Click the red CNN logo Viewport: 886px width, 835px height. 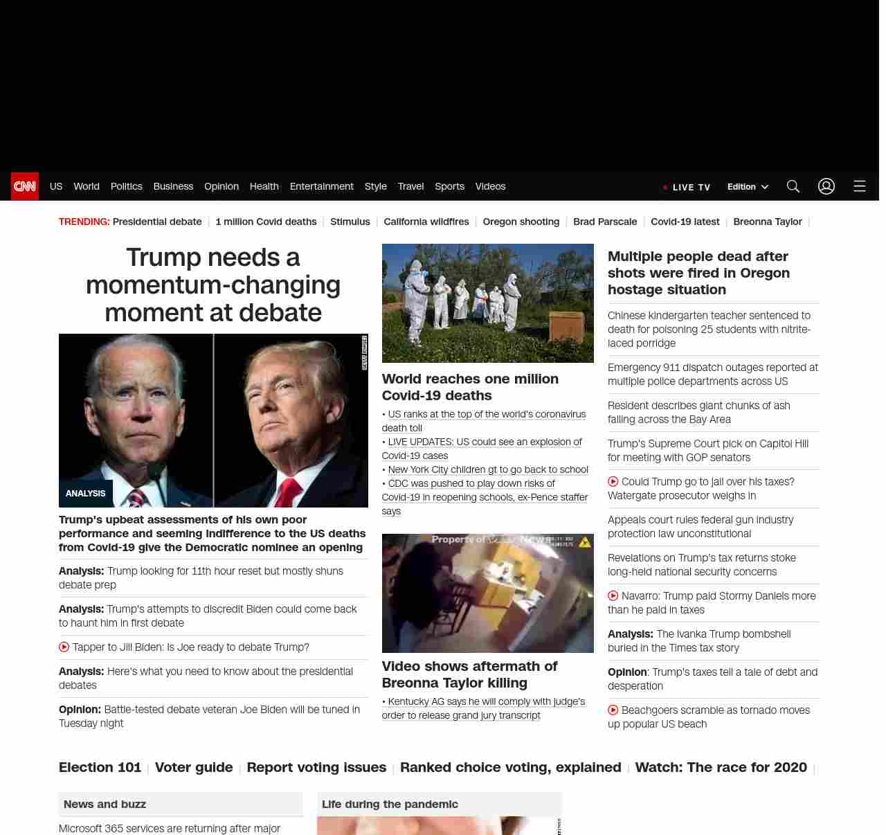[x=25, y=186]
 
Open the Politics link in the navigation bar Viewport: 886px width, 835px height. [x=126, y=186]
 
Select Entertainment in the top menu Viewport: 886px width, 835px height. [x=321, y=186]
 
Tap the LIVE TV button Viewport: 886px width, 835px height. [x=687, y=187]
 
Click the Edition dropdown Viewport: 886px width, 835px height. [x=748, y=187]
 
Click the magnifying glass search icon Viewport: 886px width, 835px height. [x=793, y=186]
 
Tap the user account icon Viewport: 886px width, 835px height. [x=826, y=186]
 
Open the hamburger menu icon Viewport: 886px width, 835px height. [x=860, y=186]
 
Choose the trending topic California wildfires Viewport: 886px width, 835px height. [x=426, y=222]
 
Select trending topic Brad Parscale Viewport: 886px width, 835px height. [x=605, y=222]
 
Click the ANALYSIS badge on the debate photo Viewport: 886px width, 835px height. [x=85, y=494]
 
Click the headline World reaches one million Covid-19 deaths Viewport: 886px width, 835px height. [x=470, y=387]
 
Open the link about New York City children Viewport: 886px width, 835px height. [x=488, y=469]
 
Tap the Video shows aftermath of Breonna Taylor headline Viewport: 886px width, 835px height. [x=469, y=674]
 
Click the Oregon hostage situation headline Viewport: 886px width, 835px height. [x=698, y=273]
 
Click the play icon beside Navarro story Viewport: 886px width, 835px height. [x=613, y=596]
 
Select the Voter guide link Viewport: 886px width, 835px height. [x=194, y=767]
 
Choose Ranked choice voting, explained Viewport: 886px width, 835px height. [x=511, y=767]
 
